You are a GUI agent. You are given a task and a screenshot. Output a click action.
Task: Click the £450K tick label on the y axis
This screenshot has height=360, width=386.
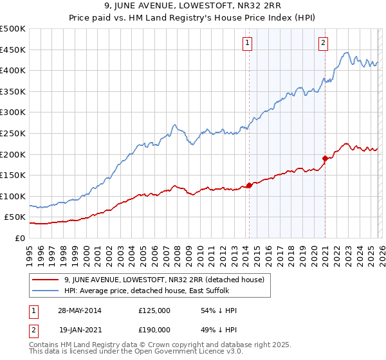(13, 50)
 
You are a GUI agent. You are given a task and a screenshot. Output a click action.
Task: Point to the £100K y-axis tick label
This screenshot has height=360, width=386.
(13, 196)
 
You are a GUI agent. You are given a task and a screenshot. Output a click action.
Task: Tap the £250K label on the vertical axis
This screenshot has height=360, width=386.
(13, 133)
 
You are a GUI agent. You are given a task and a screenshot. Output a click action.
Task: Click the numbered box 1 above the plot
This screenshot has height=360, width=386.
(248, 44)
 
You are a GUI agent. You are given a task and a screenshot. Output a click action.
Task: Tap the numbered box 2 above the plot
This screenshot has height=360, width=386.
(323, 44)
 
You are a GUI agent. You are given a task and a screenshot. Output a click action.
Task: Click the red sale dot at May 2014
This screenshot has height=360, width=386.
(249, 186)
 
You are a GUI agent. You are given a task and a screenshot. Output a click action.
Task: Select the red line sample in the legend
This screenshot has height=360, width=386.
(46, 280)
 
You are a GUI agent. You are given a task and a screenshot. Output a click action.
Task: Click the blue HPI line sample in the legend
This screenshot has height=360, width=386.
(46, 292)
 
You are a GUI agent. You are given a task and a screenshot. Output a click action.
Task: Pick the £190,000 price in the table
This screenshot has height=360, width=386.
(154, 329)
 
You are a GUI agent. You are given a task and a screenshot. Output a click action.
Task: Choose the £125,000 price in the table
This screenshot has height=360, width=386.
(154, 310)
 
